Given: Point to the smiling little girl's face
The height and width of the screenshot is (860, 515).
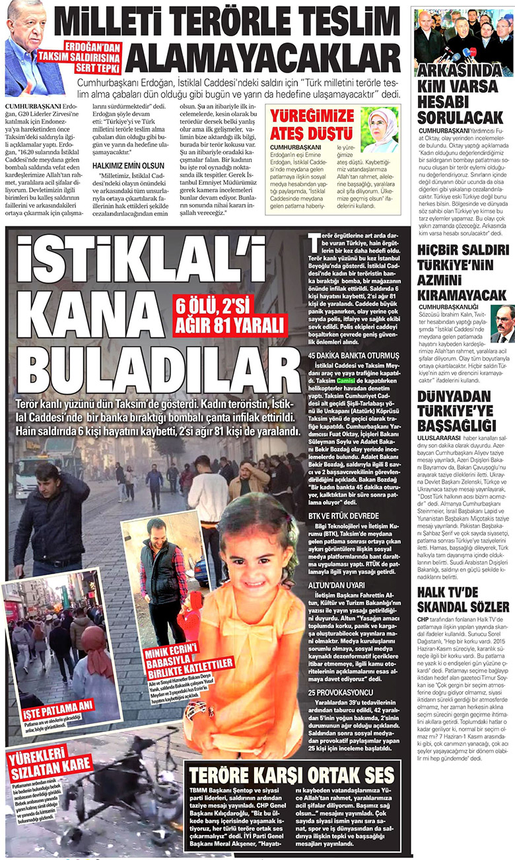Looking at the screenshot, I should pyautogui.click(x=254, y=554).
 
